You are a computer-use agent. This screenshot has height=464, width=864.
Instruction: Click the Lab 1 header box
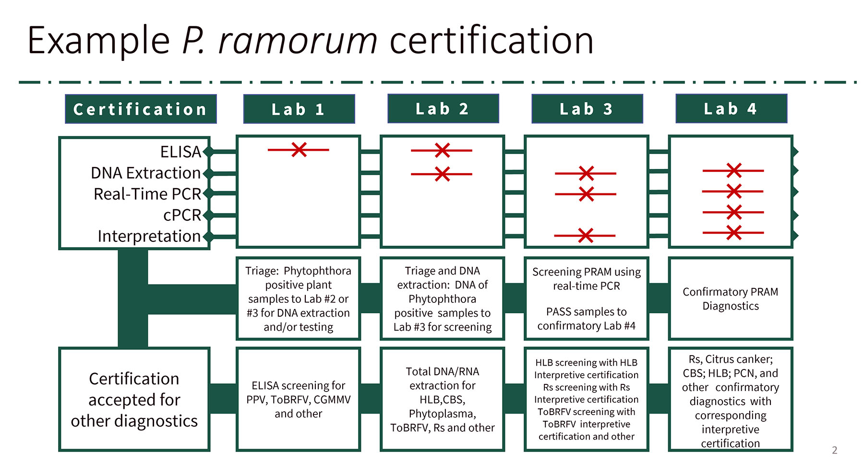pyautogui.click(x=299, y=109)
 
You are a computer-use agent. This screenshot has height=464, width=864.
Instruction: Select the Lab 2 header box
pyautogui.click(x=443, y=108)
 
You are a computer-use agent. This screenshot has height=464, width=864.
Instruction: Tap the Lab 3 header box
pyautogui.click(x=587, y=108)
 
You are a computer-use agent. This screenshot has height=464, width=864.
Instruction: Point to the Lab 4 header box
pyautogui.click(x=731, y=108)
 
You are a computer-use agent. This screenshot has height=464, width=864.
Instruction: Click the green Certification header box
pyautogui.click(x=140, y=109)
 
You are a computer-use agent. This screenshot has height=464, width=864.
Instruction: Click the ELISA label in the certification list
pyautogui.click(x=180, y=152)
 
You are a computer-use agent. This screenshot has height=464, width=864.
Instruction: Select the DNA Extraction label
pyautogui.click(x=145, y=173)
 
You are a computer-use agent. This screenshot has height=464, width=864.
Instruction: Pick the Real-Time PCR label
pyautogui.click(x=147, y=194)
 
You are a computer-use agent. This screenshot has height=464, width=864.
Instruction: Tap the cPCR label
pyautogui.click(x=182, y=215)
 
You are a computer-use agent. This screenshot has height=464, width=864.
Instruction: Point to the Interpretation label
pyautogui.click(x=149, y=236)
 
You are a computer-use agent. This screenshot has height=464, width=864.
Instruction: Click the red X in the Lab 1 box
pyautogui.click(x=299, y=150)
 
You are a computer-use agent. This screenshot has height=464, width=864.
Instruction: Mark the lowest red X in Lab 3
pyautogui.click(x=586, y=236)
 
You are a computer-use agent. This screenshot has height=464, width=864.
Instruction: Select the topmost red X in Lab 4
pyautogui.click(x=734, y=170)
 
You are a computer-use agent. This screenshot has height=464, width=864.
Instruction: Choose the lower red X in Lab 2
pyautogui.click(x=442, y=174)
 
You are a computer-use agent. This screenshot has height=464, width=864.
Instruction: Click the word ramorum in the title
pyautogui.click(x=298, y=40)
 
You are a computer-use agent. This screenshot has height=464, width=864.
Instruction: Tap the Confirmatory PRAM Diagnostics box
pyautogui.click(x=730, y=298)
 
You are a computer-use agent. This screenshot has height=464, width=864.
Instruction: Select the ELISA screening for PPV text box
pyautogui.click(x=298, y=399)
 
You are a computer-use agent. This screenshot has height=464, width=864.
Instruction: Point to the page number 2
pyautogui.click(x=835, y=450)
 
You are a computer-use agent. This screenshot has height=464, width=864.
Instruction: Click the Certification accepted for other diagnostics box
pyautogui.click(x=134, y=399)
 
